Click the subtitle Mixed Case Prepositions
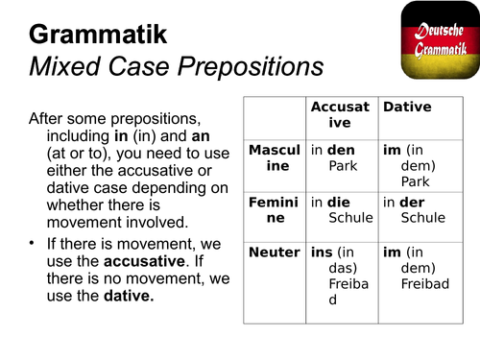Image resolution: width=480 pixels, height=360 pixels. [x=176, y=68]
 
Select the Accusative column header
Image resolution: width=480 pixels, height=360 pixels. [x=341, y=115]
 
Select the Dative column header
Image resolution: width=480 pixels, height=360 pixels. [x=406, y=108]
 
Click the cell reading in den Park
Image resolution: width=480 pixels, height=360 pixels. [x=341, y=158]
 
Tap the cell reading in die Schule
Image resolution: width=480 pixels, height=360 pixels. [x=341, y=210]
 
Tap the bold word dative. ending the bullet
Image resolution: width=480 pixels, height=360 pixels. [x=129, y=297]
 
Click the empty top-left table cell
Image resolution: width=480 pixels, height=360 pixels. [x=275, y=115]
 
